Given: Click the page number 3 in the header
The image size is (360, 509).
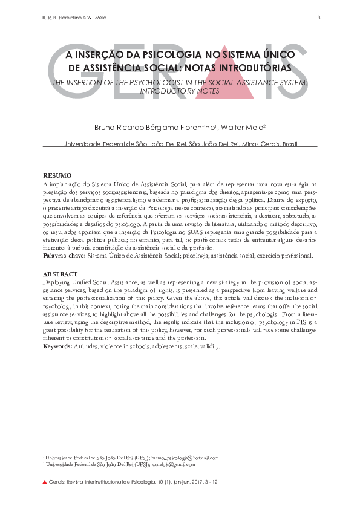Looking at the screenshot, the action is [318, 17].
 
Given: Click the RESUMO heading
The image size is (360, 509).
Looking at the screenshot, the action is [57, 175].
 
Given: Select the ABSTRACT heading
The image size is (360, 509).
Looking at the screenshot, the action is [61, 274].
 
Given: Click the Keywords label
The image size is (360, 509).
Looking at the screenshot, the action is [60, 347].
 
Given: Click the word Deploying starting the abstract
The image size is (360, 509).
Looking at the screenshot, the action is [58, 282].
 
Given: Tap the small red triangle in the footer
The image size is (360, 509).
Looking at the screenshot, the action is [44, 482].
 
